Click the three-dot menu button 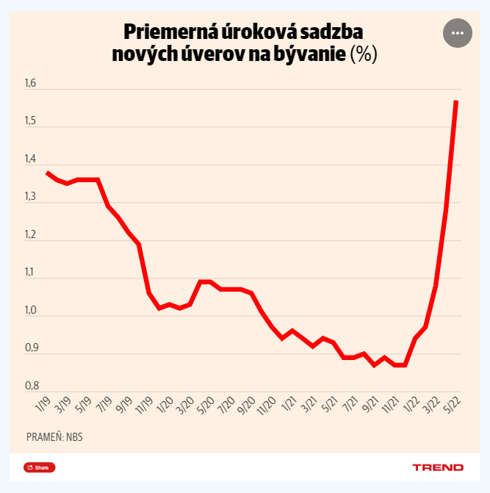(x=457, y=33)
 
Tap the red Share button (x=39, y=467)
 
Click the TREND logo (x=437, y=467)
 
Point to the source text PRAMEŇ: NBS (x=54, y=437)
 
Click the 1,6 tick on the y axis (x=30, y=84)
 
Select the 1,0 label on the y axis (x=30, y=310)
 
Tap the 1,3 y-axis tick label (x=30, y=197)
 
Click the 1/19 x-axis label (x=42, y=405)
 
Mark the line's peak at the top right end (x=456, y=101)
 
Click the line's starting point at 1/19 (x=47, y=172)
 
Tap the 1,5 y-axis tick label (x=30, y=121)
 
